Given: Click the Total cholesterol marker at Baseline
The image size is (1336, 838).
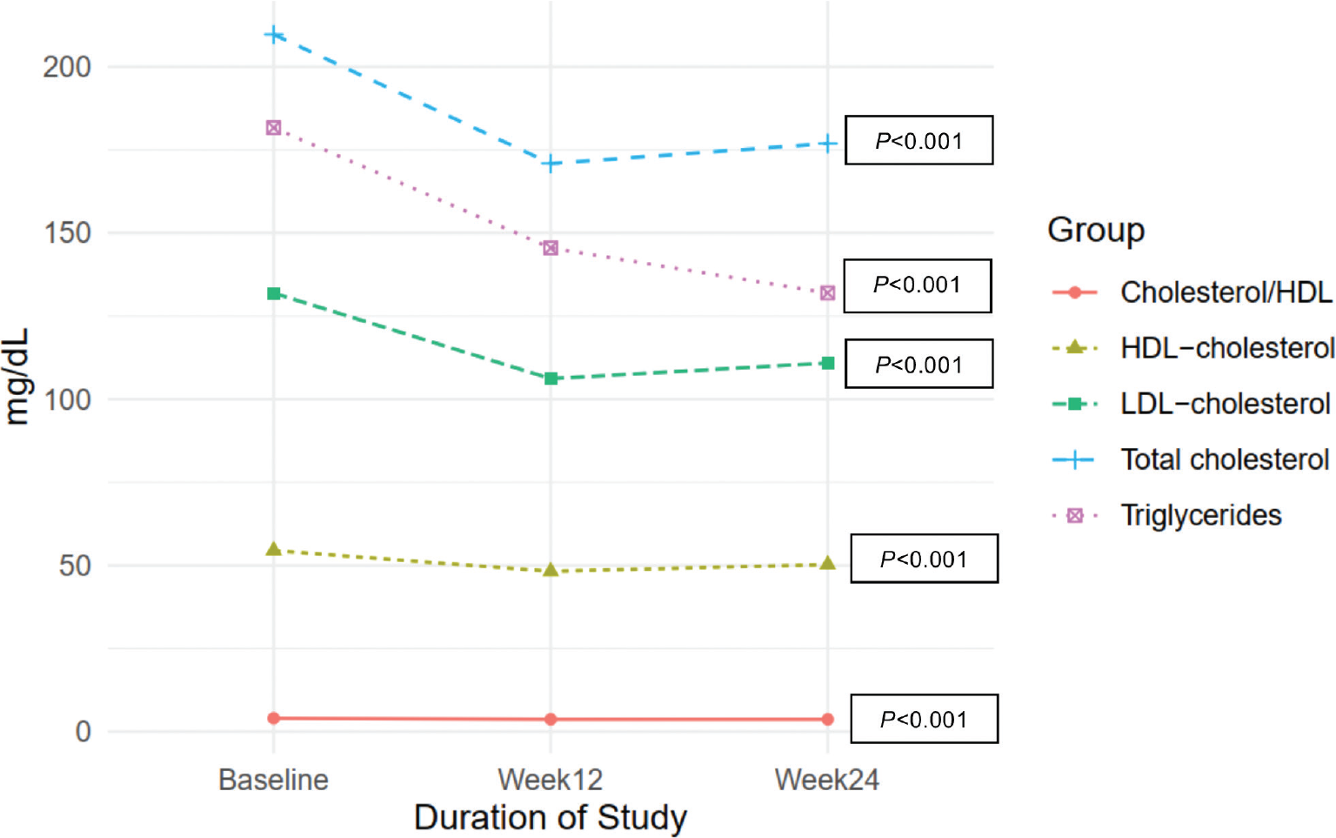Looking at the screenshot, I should click(x=273, y=35).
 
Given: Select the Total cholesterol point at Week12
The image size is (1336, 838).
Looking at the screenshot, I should click(x=550, y=164).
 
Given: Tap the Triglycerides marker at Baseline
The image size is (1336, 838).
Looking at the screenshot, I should click(x=273, y=128).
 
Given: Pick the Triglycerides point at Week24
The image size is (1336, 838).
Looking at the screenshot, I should click(x=827, y=293).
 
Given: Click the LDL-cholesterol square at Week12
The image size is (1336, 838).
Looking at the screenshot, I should click(x=551, y=379).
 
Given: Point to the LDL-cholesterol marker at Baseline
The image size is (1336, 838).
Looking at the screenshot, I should click(x=273, y=294).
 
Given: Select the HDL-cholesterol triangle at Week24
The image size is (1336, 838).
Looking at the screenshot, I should click(x=827, y=564).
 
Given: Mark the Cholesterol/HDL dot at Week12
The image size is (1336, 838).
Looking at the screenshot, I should click(x=550, y=720).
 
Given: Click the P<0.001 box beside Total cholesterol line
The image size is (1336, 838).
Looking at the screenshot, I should click(x=918, y=141).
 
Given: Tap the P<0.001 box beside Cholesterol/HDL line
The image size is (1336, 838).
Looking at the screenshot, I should click(x=924, y=719).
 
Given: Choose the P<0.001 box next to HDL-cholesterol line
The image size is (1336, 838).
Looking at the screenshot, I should click(x=924, y=559).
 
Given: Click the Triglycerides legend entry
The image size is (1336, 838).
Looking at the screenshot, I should click(x=1200, y=515).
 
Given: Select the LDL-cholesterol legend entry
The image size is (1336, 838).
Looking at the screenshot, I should click(x=1225, y=404).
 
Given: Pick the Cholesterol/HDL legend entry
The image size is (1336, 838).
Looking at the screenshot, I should click(x=1226, y=292).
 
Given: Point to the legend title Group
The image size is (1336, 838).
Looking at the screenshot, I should click(x=1095, y=230).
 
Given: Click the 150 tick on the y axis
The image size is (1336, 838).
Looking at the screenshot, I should click(x=67, y=233).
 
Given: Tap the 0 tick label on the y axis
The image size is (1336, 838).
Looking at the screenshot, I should click(x=83, y=732).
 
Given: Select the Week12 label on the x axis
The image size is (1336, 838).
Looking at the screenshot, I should click(x=550, y=780).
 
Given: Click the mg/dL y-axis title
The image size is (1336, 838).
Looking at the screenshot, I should click(x=17, y=377).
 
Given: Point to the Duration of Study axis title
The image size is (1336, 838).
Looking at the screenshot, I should click(x=550, y=818).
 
